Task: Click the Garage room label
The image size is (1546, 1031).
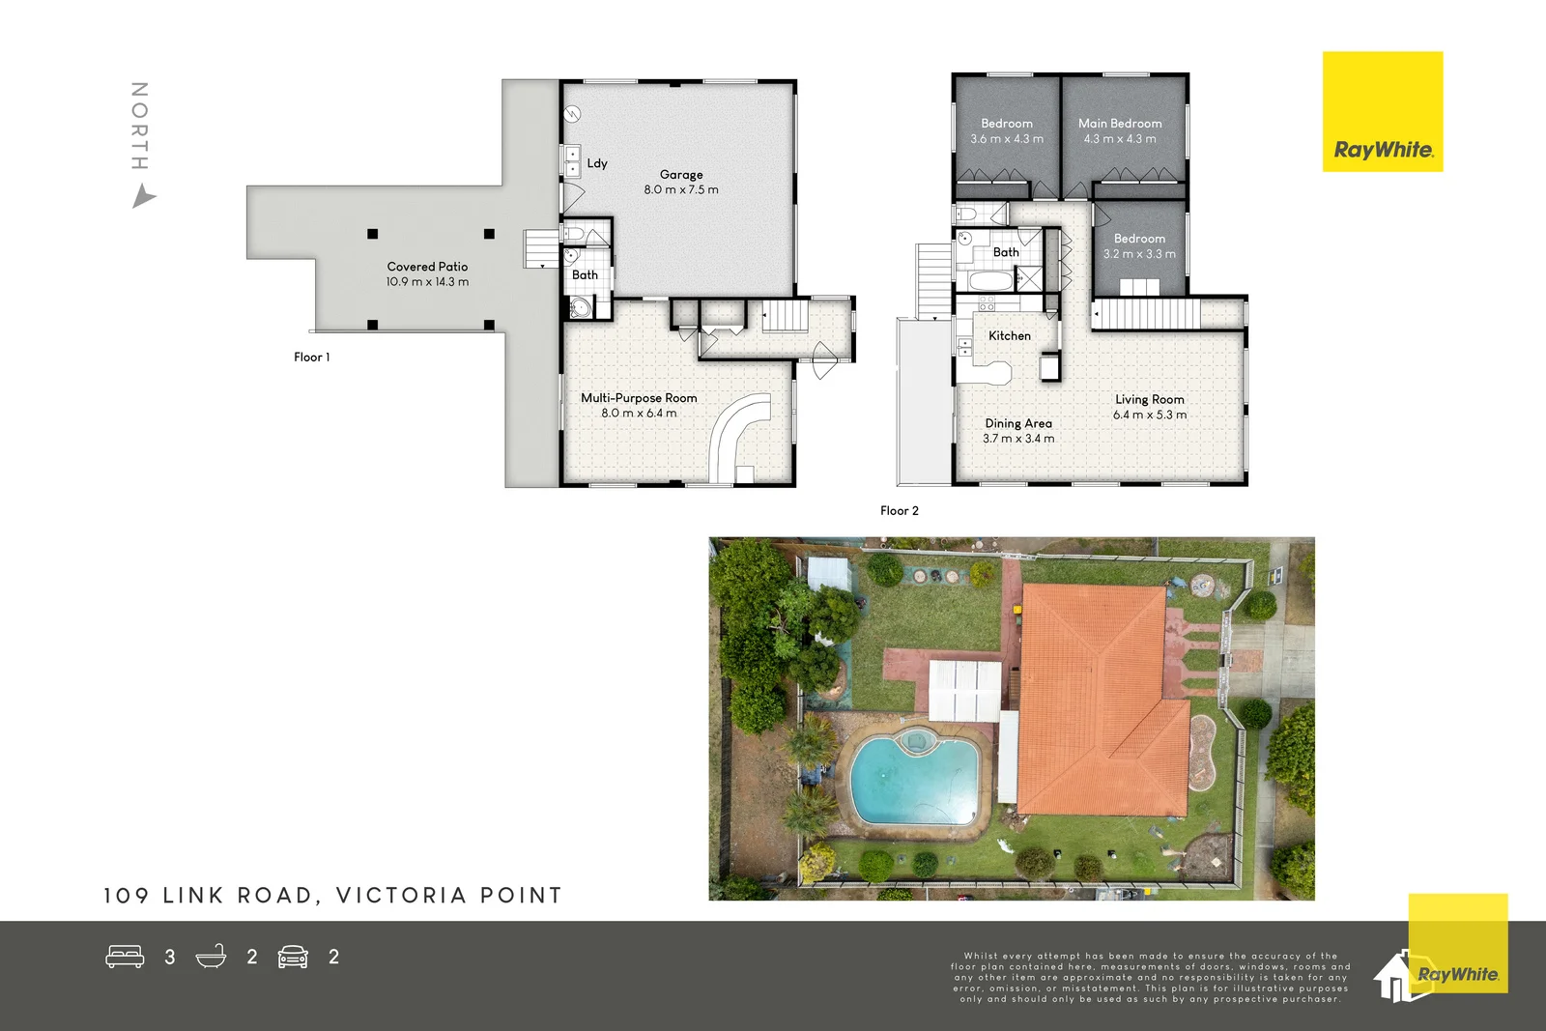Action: click(x=681, y=175)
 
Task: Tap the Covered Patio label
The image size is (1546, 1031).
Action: click(x=427, y=267)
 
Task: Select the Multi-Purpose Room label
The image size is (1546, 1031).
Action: click(x=639, y=398)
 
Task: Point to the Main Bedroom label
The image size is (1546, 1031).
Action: click(x=1120, y=124)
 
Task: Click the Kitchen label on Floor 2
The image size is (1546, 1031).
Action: click(x=1010, y=336)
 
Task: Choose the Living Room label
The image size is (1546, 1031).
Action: click(x=1149, y=399)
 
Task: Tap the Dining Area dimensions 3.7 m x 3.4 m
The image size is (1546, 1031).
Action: click(x=1018, y=439)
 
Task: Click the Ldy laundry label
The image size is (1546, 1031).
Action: click(x=597, y=163)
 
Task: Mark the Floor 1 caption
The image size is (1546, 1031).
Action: click(x=312, y=358)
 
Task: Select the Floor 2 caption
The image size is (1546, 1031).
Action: click(x=900, y=511)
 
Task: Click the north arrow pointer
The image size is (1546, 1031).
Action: click(x=143, y=198)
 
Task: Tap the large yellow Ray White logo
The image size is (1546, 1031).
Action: click(x=1383, y=112)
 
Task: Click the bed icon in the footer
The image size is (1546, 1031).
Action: click(x=125, y=957)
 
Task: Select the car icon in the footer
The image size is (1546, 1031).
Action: click(x=293, y=957)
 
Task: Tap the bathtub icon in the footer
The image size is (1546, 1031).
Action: click(x=211, y=957)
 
